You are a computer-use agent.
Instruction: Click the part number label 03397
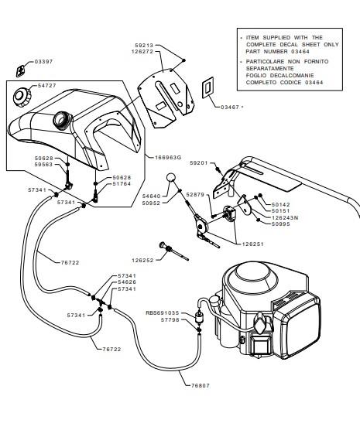tap(43, 62)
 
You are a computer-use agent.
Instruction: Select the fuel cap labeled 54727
tap(22, 97)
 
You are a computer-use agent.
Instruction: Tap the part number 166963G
tap(168, 158)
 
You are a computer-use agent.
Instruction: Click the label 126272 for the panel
tap(142, 52)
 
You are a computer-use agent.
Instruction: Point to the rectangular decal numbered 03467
tap(208, 87)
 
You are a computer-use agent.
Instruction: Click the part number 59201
tap(199, 162)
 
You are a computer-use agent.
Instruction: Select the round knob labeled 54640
tap(171, 177)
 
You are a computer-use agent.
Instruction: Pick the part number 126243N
tap(285, 217)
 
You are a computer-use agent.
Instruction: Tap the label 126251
tap(252, 244)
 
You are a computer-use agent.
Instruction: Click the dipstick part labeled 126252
tap(173, 251)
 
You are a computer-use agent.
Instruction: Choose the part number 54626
tap(127, 282)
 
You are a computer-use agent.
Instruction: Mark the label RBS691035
tap(163, 313)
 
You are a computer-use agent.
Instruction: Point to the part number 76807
tap(201, 386)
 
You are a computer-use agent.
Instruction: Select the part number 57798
tap(170, 320)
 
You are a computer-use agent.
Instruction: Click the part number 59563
tap(43, 165)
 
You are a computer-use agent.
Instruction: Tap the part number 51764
tap(122, 184)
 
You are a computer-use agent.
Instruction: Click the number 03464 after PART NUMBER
tap(300, 52)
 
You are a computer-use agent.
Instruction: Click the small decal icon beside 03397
tap(20, 71)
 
